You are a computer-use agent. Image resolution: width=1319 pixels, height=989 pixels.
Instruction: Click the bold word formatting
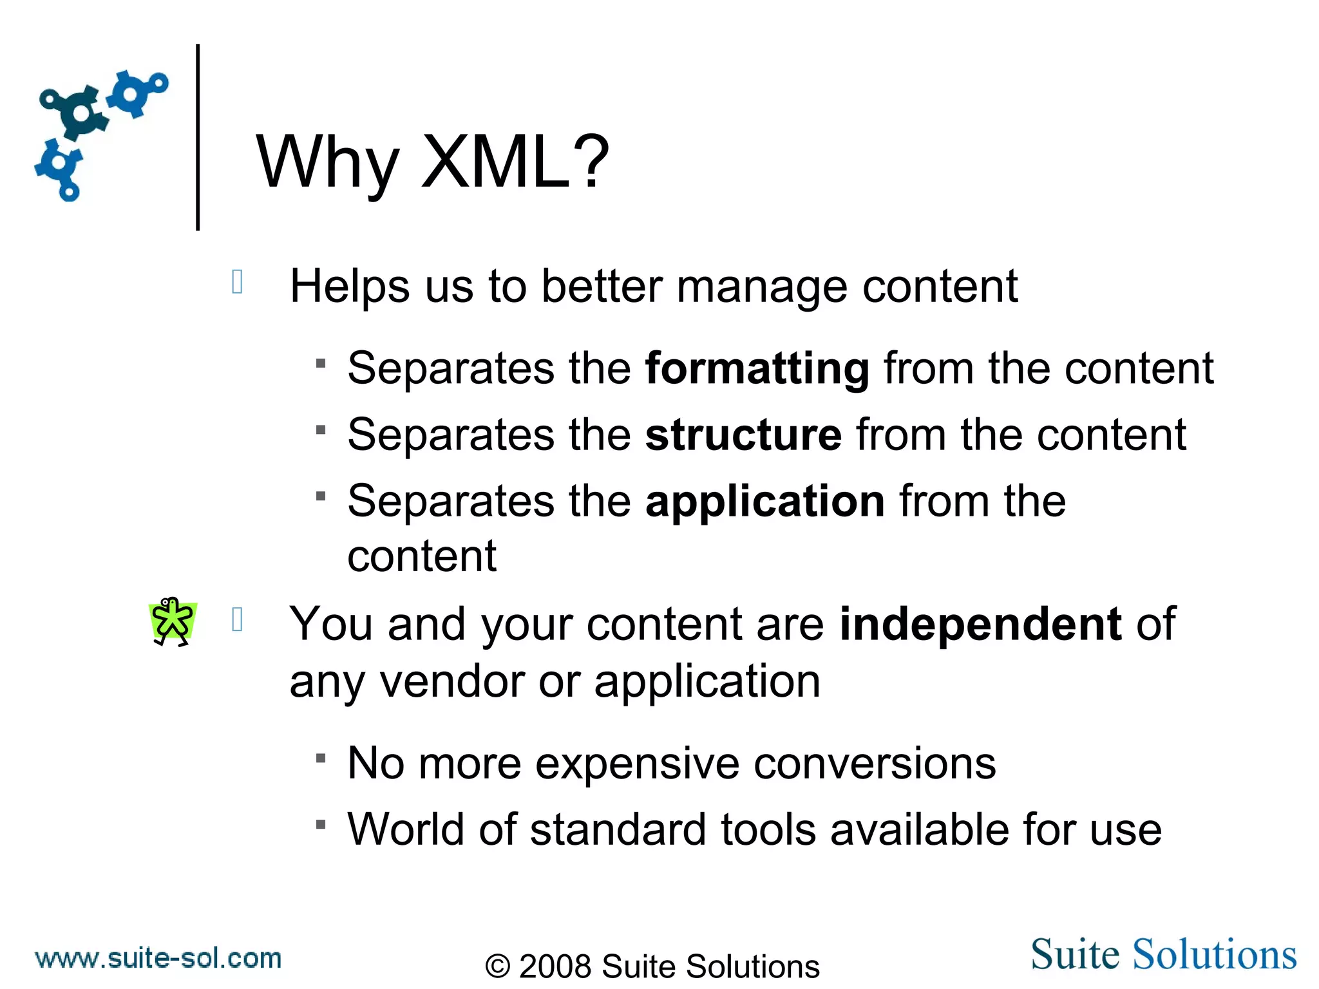pos(757,369)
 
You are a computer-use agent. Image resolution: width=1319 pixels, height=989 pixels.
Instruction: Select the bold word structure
pos(743,435)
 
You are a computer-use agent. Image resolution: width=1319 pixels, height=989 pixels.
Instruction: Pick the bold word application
pos(765,502)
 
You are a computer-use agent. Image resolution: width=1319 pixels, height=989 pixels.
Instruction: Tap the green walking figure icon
pos(172,621)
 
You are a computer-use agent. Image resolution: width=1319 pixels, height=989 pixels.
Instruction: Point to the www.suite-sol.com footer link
pos(158,958)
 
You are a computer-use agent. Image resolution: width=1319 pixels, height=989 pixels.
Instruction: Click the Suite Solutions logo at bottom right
pos(1163,954)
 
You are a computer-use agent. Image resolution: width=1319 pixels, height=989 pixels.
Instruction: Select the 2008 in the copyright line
pos(555,966)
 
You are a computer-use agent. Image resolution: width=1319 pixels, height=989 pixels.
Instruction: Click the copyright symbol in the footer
pos(498,966)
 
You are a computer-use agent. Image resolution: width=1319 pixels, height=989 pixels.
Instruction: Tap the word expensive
pos(637,764)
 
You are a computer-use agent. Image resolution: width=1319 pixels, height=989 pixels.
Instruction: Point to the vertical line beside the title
pos(198,137)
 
